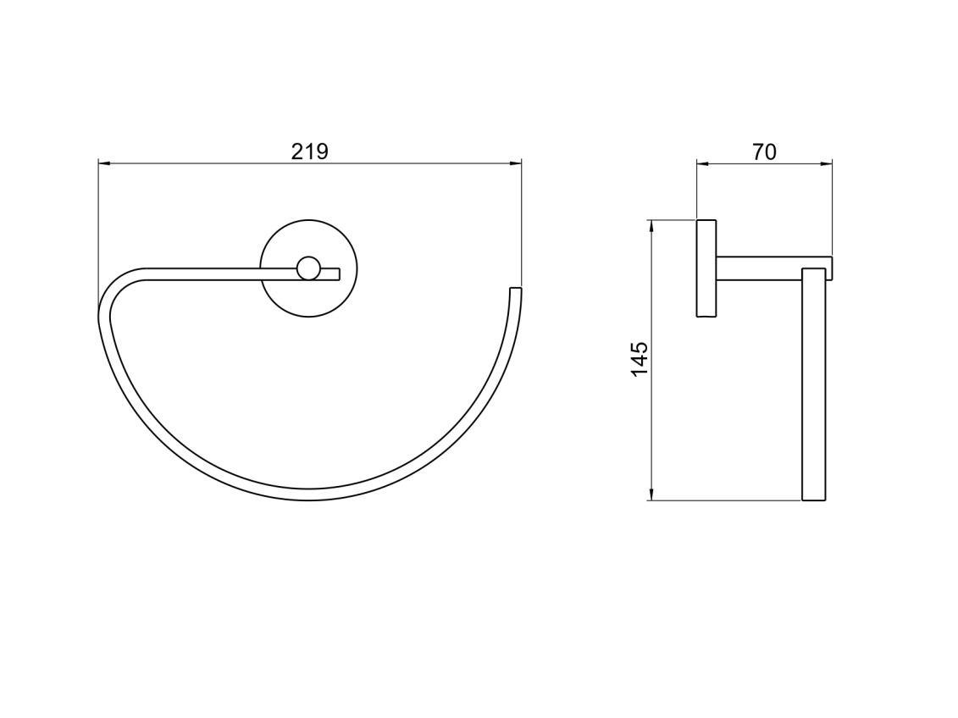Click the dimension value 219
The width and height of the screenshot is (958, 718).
tap(310, 151)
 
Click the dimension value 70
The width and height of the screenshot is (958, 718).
tap(764, 152)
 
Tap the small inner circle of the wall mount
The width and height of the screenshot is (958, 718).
tap(308, 268)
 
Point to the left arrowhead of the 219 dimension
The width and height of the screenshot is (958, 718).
tap(104, 163)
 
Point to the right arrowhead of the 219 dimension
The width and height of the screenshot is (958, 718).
tap(516, 163)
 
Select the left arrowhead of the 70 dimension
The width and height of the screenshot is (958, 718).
tap(702, 163)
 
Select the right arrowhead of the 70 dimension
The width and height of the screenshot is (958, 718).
tap(826, 163)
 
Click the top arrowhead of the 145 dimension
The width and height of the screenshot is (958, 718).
tap(651, 226)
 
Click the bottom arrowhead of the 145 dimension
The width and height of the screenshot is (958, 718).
tap(651, 494)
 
